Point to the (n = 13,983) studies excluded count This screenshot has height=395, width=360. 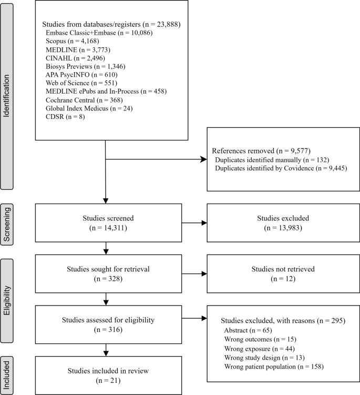point(283,229)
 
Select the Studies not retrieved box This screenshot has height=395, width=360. point(283,274)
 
